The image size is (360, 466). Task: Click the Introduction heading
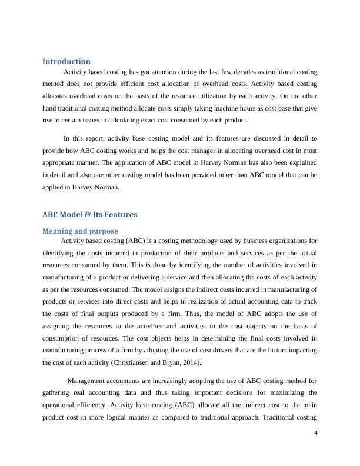pos(66,61)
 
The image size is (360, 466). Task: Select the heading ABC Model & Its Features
pos(89,215)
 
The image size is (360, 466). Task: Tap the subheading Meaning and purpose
pos(80,231)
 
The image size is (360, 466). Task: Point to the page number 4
pos(316,434)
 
